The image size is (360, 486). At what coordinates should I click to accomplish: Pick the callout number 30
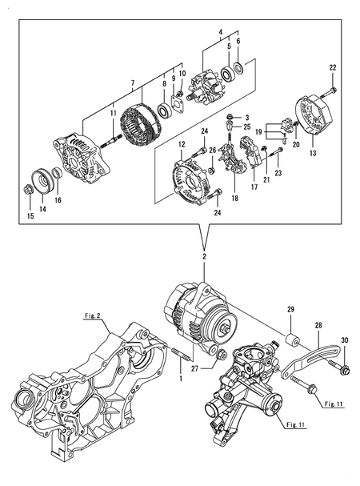tap(345, 339)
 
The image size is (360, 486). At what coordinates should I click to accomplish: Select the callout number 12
tap(182, 144)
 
